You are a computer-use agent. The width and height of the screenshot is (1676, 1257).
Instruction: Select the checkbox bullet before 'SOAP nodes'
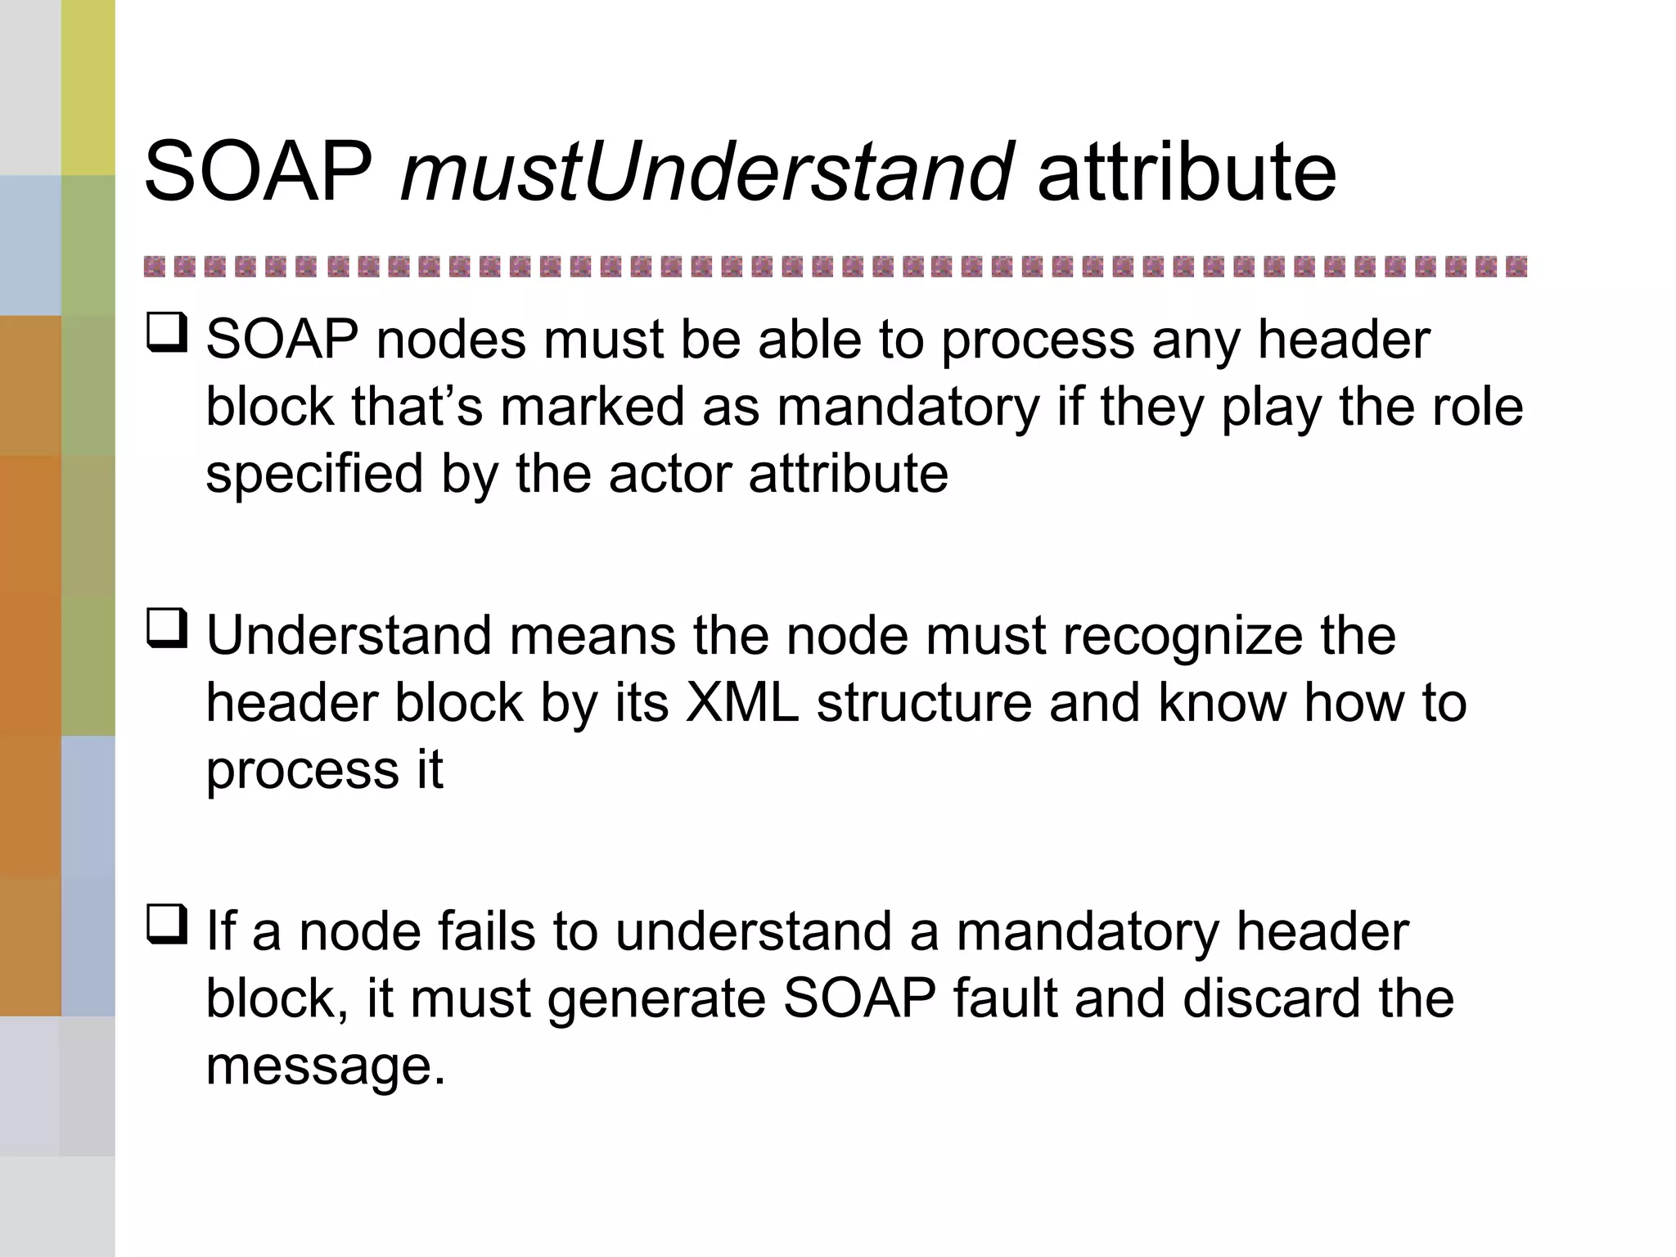[167, 333]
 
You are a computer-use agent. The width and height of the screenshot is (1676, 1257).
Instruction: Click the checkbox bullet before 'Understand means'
[167, 628]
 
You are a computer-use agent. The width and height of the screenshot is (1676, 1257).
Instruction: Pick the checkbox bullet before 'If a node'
[167, 925]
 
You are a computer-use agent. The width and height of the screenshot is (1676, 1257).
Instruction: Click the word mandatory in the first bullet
[908, 407]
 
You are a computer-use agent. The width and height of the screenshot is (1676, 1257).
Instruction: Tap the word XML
[741, 703]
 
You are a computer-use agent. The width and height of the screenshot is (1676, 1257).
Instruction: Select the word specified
[314, 475]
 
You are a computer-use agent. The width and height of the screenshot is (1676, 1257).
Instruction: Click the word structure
[924, 703]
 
